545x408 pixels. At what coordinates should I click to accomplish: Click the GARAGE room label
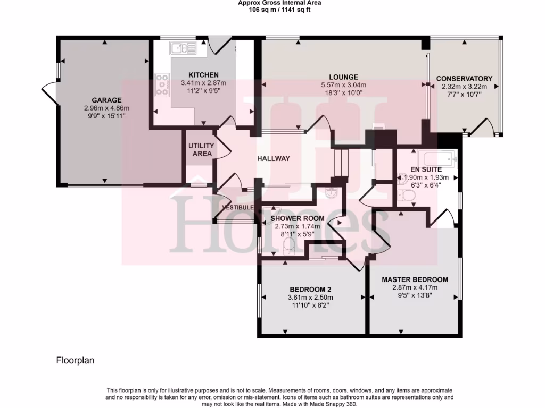tap(106, 100)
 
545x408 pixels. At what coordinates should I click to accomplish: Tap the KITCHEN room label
tap(203, 75)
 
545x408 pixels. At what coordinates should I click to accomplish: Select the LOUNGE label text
tap(343, 77)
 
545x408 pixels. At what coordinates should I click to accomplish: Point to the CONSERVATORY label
tap(464, 79)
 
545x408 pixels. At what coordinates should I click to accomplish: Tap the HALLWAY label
tap(274, 158)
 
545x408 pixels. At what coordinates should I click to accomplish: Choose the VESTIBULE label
tap(237, 207)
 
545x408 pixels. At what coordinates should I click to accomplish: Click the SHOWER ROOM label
tap(297, 218)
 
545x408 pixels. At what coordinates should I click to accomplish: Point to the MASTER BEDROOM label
tap(415, 279)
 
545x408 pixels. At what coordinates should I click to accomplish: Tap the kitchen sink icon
tap(183, 49)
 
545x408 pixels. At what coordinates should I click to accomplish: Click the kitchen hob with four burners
tap(161, 85)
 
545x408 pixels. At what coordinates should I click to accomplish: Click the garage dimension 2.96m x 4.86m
tap(106, 108)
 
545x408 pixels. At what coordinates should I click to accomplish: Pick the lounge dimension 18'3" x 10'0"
tap(343, 93)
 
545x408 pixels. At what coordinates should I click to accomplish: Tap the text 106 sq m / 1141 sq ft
tap(272, 10)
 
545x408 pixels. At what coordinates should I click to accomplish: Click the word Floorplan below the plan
tap(75, 360)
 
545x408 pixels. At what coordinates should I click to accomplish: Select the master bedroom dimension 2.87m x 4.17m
tap(415, 287)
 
